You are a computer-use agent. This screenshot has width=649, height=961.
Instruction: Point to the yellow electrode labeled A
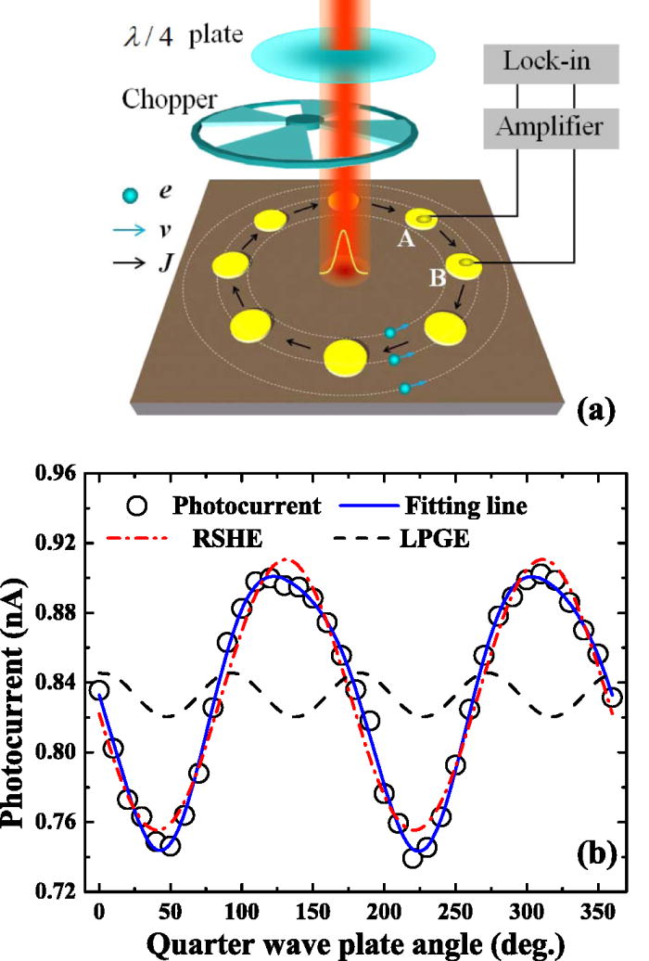(422, 219)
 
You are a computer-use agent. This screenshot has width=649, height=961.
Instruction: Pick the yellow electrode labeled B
(462, 266)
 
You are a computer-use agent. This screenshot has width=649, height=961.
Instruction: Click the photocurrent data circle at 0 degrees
(99, 690)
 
